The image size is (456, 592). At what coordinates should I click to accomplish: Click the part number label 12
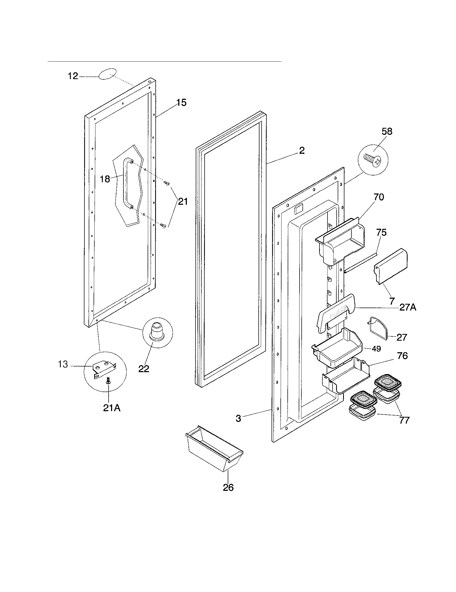(73, 76)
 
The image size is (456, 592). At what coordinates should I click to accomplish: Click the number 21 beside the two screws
(183, 202)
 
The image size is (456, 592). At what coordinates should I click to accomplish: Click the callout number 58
(387, 132)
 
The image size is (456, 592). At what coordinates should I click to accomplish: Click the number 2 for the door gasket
(302, 150)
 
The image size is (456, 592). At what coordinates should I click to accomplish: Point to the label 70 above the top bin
(379, 197)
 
